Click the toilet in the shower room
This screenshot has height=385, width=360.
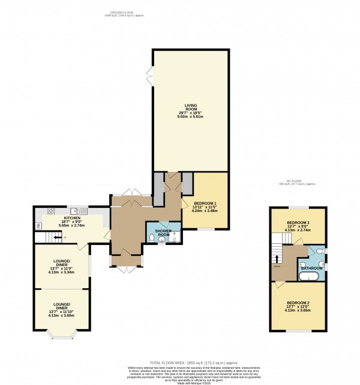151,240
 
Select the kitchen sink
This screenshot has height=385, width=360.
76,211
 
